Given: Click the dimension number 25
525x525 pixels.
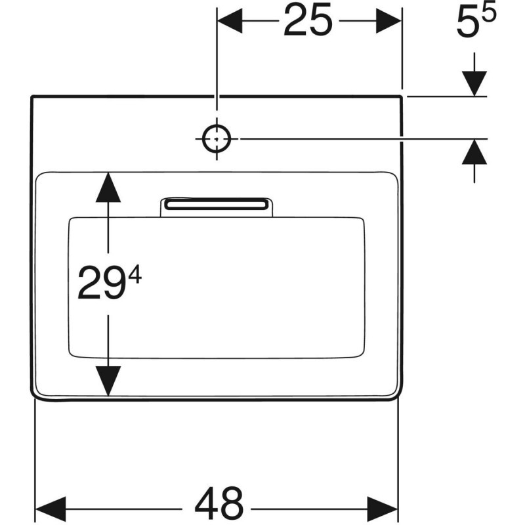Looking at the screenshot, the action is coord(308,20).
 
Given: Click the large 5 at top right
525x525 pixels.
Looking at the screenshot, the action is coord(468,24).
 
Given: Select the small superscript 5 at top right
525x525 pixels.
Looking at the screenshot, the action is coord(488,14).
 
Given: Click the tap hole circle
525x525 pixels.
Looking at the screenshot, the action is coord(217,138).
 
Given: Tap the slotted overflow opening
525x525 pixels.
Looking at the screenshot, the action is coord(217,204).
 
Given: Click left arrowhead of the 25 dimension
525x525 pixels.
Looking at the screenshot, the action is coord(230,21).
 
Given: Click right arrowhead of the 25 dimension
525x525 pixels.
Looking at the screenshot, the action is coord(388,21).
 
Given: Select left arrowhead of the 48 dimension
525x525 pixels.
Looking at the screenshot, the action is coord(51,509).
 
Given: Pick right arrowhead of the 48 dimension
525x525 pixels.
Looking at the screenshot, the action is coord(383,509).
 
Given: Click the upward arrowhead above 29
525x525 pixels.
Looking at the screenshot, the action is coord(108,188).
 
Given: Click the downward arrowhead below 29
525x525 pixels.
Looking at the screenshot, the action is coord(108,381).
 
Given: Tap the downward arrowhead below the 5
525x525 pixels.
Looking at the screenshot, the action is coord(474,83).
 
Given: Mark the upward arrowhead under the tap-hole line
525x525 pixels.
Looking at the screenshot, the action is coord(474,152).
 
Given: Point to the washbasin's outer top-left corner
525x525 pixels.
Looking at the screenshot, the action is coord(31,96).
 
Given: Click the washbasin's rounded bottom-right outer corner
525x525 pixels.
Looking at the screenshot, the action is coord(398,396).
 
